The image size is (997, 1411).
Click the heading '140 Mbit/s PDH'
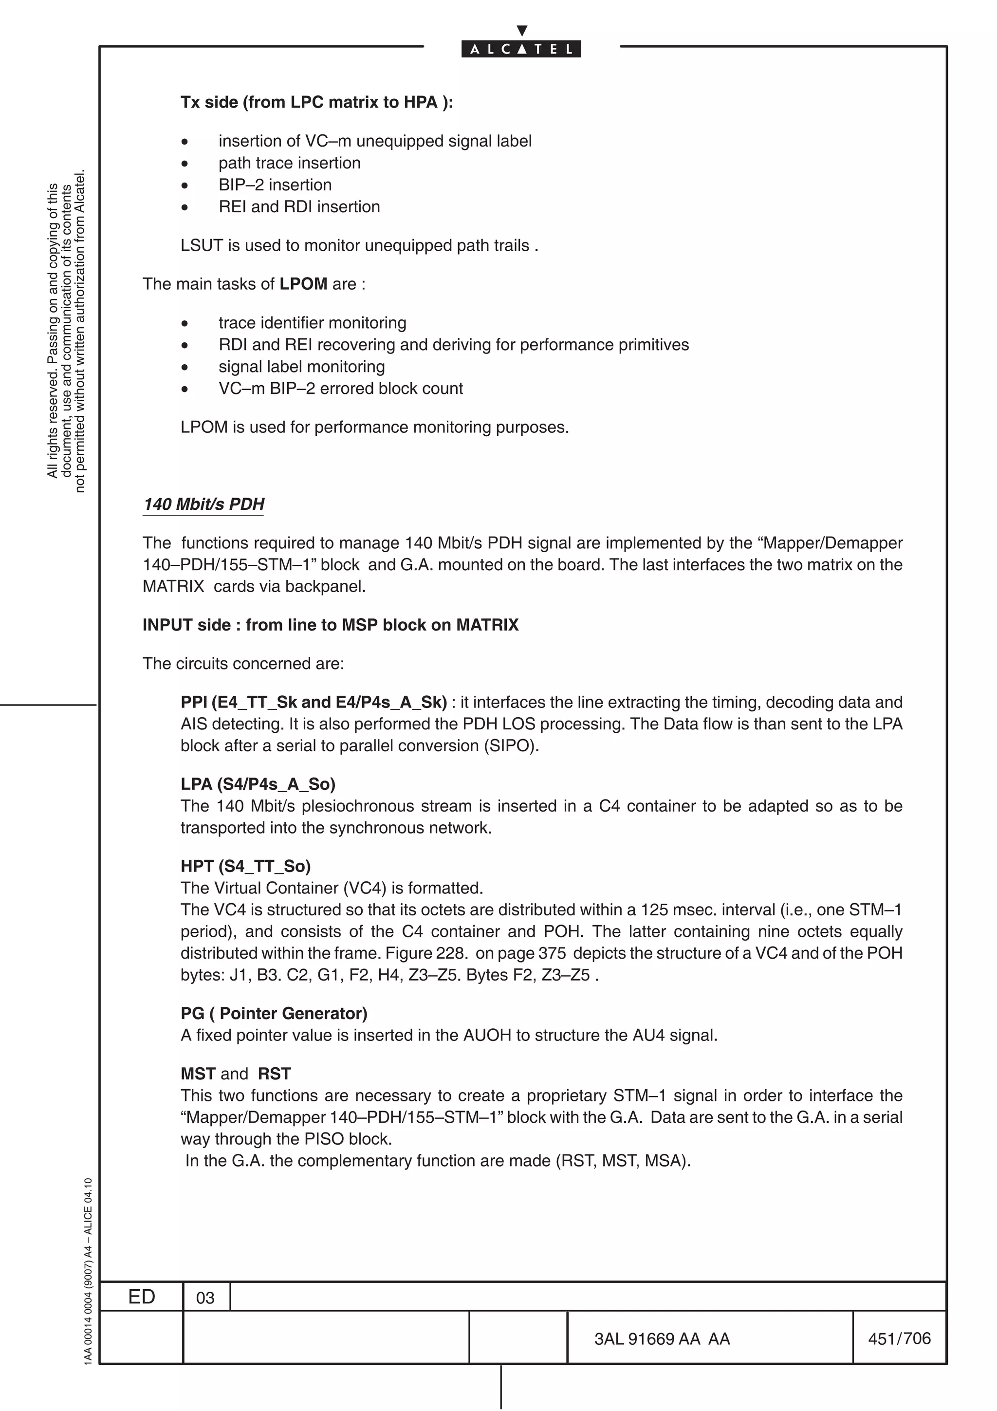click(203, 504)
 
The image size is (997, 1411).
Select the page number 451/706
click(899, 1338)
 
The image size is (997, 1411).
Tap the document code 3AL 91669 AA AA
click(662, 1339)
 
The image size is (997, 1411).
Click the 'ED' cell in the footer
click(141, 1297)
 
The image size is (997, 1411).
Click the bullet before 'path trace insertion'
click(185, 164)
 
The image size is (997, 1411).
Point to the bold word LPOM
click(303, 284)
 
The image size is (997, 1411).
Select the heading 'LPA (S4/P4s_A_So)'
click(258, 784)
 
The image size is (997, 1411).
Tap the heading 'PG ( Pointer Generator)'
click(274, 1013)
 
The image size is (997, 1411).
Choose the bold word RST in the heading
click(274, 1074)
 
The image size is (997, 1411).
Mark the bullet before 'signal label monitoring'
click(185, 368)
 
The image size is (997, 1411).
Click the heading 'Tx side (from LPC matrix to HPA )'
click(316, 102)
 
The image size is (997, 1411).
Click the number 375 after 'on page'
click(552, 953)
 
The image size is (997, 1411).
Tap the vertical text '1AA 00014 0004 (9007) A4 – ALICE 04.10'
click(88, 1272)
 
